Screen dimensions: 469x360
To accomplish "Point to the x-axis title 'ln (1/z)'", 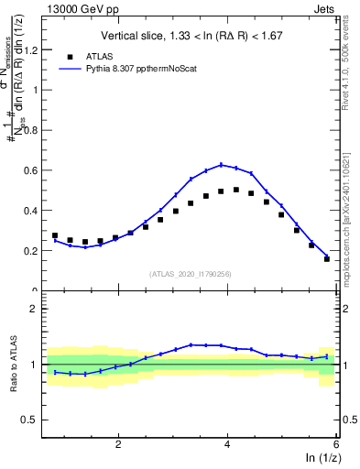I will pos(319,458).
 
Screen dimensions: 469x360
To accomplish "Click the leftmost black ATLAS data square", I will pos(55,235).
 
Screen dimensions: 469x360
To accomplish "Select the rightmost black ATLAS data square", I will pos(327,258).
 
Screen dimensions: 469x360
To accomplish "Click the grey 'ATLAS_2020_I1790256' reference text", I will pos(190,273).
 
